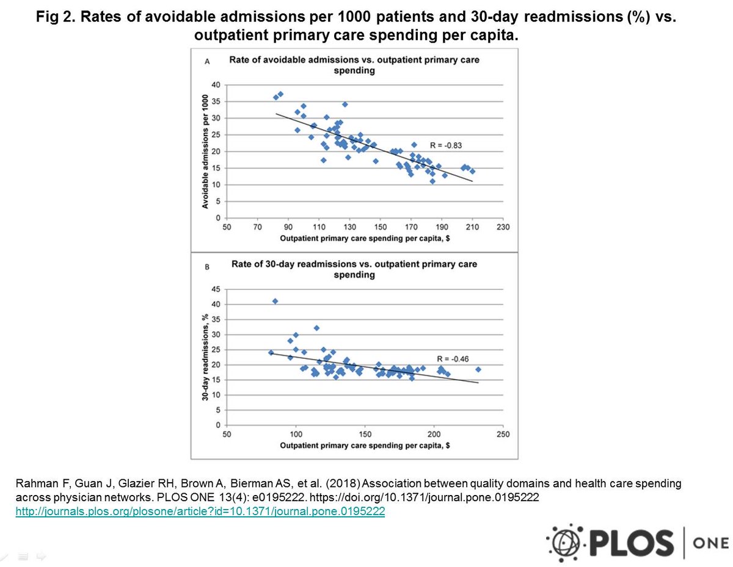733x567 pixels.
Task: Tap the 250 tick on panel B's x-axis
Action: point(502,434)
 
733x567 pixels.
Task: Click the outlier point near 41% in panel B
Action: point(275,301)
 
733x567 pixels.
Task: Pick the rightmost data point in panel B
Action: point(478,369)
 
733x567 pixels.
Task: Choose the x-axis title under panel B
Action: point(365,446)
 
